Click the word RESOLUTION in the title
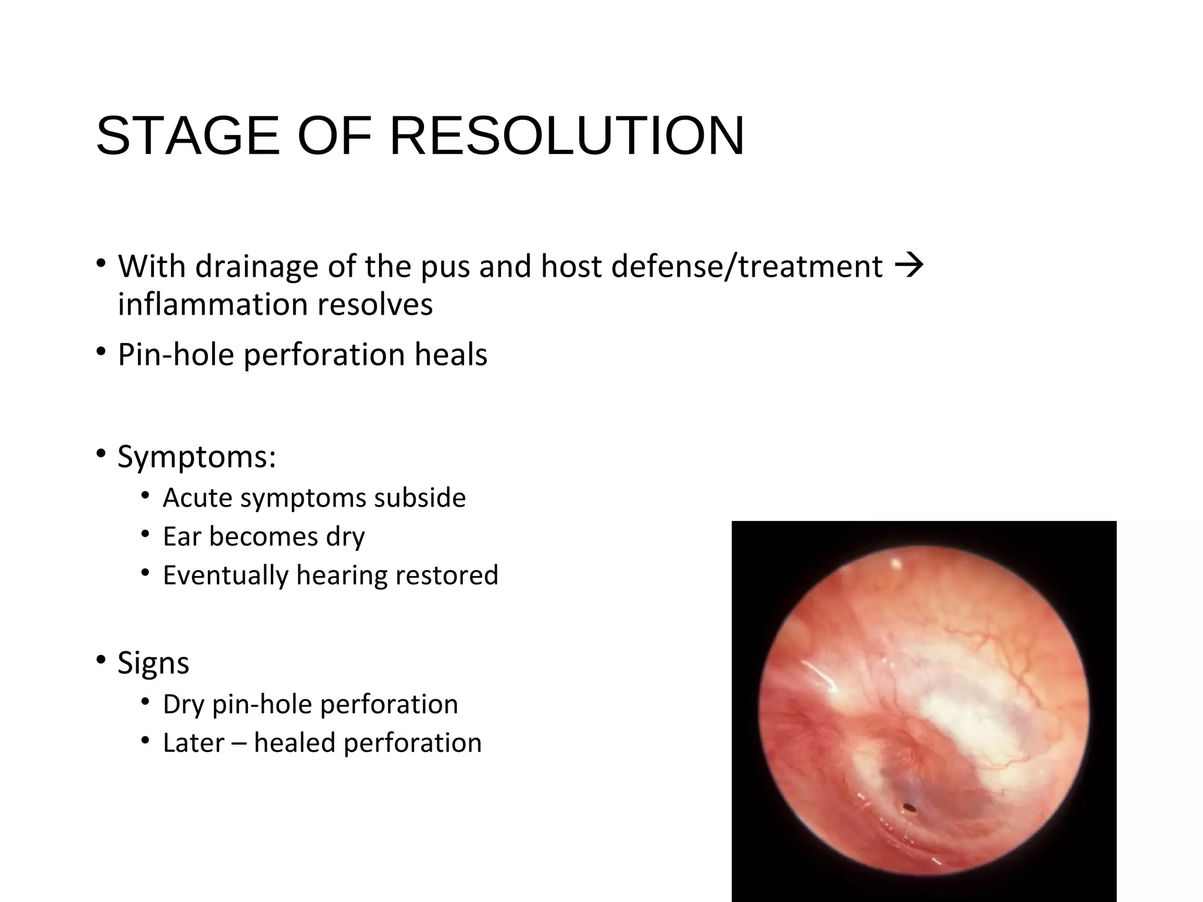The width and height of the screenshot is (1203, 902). pos(567,136)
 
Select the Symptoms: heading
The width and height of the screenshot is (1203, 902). pos(197,456)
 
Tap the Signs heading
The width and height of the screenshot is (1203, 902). pos(153,663)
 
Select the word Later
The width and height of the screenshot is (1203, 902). pos(193,743)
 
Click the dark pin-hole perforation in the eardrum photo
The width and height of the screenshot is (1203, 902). pos(909,807)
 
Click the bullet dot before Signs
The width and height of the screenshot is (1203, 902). pos(102,659)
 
